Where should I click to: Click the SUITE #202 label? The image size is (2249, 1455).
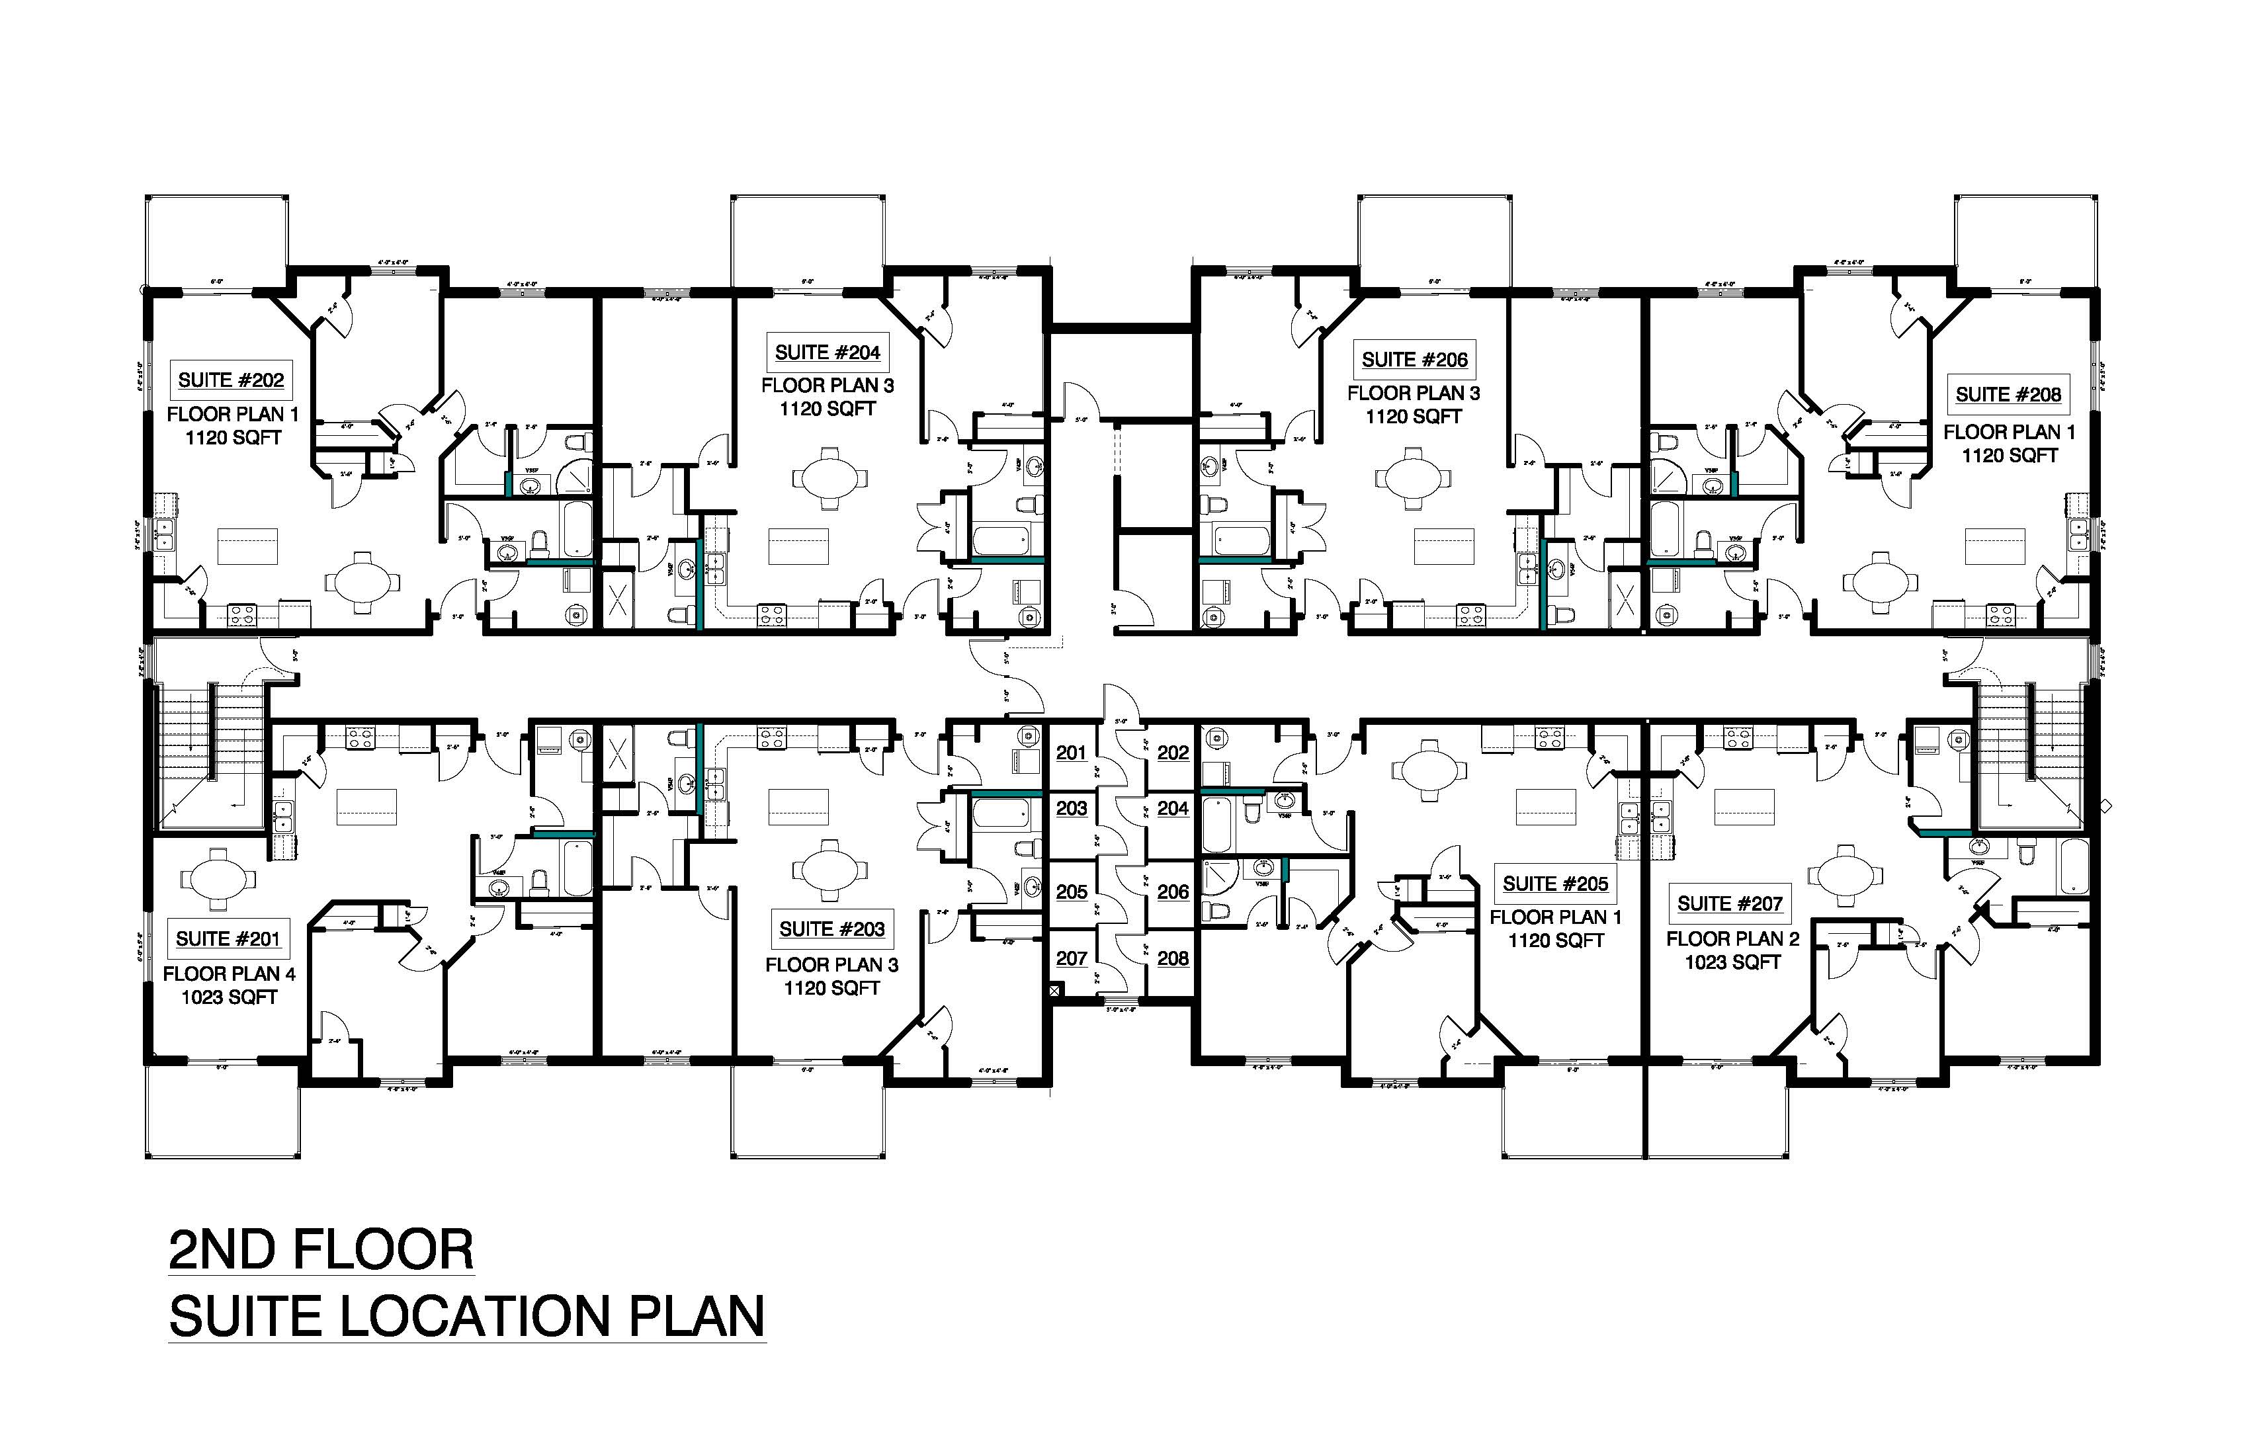pos(232,380)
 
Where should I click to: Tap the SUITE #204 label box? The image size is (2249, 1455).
pos(827,353)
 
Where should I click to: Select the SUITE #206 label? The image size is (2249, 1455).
pos(1415,360)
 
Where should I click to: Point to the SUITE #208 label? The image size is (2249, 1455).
pos(2008,395)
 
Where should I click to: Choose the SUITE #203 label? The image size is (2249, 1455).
pos(831,930)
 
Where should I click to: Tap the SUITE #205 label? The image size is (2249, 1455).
pos(1555,884)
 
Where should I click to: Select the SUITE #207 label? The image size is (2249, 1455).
pos(1729,904)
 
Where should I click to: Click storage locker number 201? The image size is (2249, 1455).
pos(1072,753)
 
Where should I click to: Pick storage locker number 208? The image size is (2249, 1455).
pos(1173,958)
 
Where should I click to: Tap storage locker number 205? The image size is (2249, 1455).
pos(1072,892)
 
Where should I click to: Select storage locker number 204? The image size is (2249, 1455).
pos(1173,809)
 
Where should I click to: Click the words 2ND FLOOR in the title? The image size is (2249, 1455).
pos(321,1250)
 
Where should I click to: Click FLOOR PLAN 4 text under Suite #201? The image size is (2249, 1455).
pos(229,974)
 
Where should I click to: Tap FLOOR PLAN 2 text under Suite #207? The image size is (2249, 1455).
pos(1732,939)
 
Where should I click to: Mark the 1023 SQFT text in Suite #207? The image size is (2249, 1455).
pos(1732,963)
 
